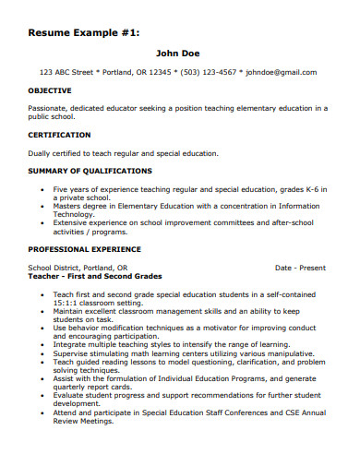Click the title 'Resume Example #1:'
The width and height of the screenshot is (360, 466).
pos(84,32)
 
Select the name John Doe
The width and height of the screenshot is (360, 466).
pos(178,54)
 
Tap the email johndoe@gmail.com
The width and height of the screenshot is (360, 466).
pos(283,72)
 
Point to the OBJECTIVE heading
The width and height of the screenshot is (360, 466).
pos(50,91)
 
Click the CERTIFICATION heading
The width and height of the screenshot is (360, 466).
pos(58,135)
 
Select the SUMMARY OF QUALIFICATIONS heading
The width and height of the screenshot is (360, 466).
pos(90,171)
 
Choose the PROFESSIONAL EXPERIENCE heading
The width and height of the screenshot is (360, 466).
pos(84,249)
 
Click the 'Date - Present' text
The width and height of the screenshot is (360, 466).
pos(300,268)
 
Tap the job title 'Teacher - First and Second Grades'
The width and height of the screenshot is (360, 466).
pos(95,276)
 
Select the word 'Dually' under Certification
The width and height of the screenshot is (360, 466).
pos(40,153)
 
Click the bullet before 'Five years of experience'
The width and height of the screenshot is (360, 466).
pos(44,188)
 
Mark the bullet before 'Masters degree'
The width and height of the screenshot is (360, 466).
pos(44,206)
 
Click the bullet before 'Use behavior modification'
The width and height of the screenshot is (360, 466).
pos(44,328)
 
